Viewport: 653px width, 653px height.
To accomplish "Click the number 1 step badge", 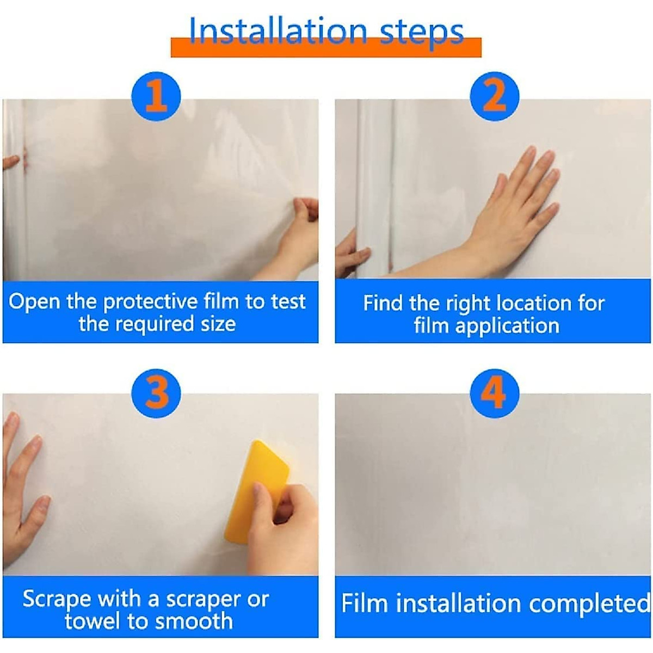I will (156, 96).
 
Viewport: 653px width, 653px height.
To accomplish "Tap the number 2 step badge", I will (494, 96).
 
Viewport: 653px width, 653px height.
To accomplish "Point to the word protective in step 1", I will (150, 301).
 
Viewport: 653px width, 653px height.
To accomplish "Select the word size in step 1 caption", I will (215, 324).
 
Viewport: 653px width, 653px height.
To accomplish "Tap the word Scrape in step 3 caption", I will (57, 600).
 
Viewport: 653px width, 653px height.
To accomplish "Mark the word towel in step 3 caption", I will (91, 621).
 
